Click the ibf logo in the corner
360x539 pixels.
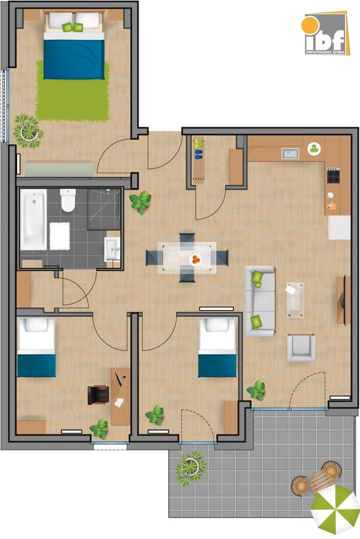coord(324,34)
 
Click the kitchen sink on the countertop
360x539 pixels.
coord(290,154)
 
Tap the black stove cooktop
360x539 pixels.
coord(334,176)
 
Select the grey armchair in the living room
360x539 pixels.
coord(300,348)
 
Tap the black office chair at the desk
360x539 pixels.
coord(98,394)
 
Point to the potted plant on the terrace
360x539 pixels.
coord(190,467)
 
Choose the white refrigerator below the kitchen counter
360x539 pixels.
coord(340,227)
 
